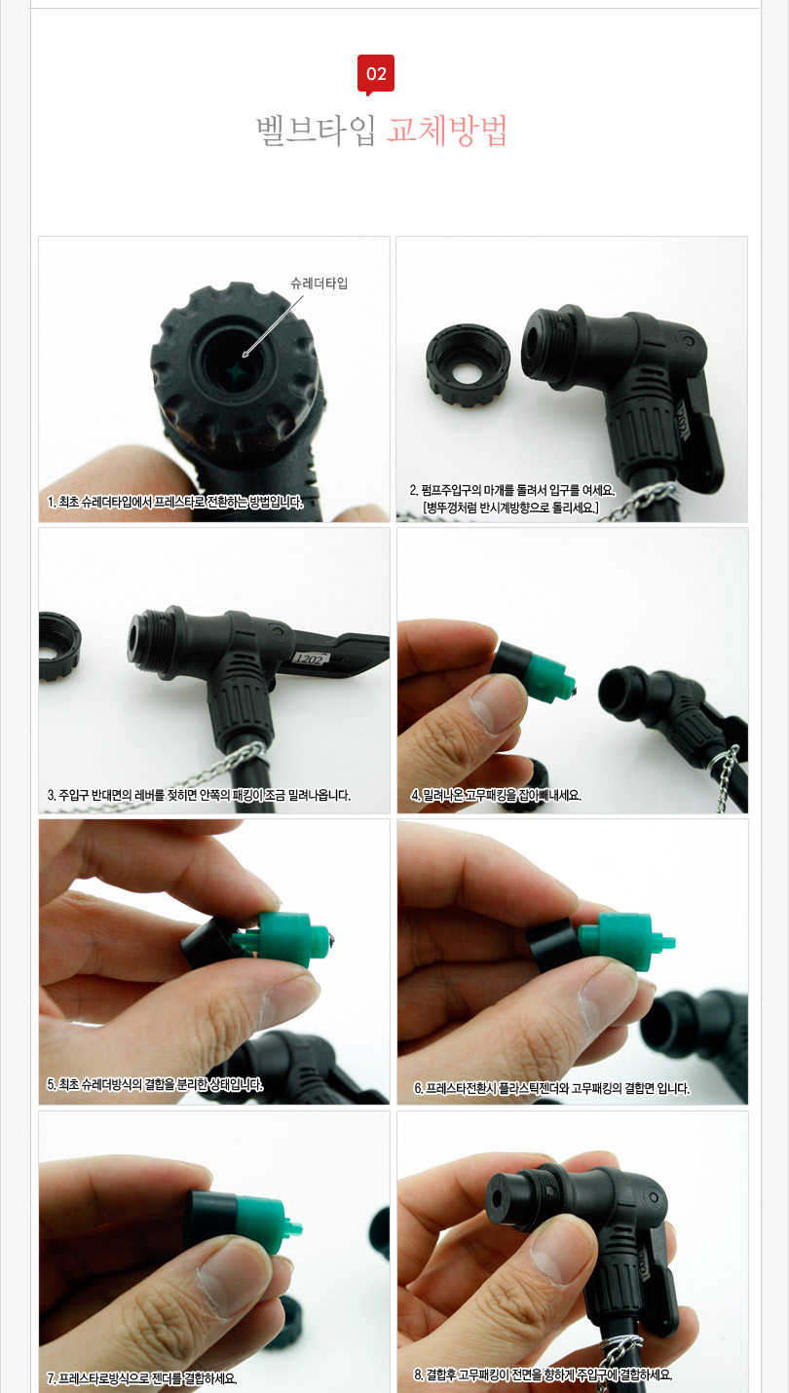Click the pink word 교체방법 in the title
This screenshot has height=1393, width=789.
[x=447, y=130]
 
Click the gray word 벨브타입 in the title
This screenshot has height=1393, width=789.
[x=316, y=130]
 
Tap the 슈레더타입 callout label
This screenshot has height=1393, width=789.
[x=319, y=283]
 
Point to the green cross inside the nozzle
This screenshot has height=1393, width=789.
[x=238, y=372]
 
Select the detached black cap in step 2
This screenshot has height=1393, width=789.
[x=469, y=365]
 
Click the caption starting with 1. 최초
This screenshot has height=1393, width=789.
[x=176, y=502]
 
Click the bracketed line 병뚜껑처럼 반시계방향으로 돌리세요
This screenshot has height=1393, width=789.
[x=511, y=508]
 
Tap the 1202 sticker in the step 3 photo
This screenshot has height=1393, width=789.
[x=309, y=659]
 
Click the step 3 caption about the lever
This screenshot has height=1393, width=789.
[x=199, y=795]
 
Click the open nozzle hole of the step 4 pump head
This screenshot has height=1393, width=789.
[x=620, y=693]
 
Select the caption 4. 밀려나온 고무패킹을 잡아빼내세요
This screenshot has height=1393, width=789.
[x=496, y=795]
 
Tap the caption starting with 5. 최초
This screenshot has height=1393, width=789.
[x=156, y=1084]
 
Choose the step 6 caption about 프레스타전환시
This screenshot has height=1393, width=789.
[x=552, y=1088]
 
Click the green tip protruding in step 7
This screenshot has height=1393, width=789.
[x=293, y=1228]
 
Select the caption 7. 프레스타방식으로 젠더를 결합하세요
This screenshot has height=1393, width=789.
[x=142, y=1378]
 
